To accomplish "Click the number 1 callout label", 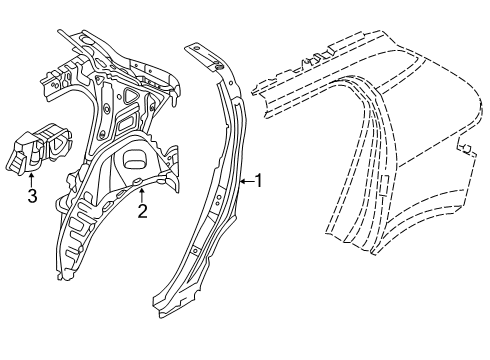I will click(x=260, y=181).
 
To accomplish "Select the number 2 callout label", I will click(x=142, y=210).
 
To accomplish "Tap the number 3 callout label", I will click(x=32, y=197).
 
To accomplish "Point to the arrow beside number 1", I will click(x=246, y=181).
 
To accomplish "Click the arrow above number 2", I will click(x=142, y=192).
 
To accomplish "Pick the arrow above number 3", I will click(x=32, y=178).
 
